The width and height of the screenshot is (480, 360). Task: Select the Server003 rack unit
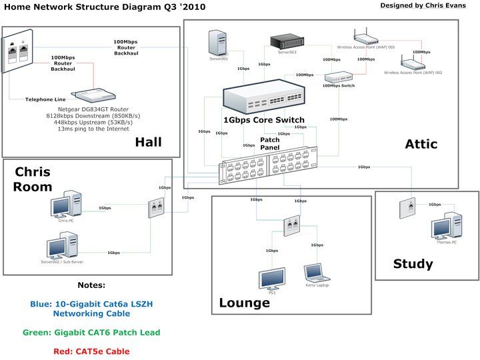pyautogui.click(x=288, y=41)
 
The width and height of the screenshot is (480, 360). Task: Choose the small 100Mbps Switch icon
pyautogui.click(x=339, y=77)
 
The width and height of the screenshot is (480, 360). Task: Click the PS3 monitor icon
pyautogui.click(x=272, y=277)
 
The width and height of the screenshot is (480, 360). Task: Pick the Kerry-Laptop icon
pyautogui.click(x=315, y=273)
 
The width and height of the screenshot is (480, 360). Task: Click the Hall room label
pyautogui.click(x=149, y=141)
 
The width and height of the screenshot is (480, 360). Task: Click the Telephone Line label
pyautogui.click(x=45, y=99)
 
